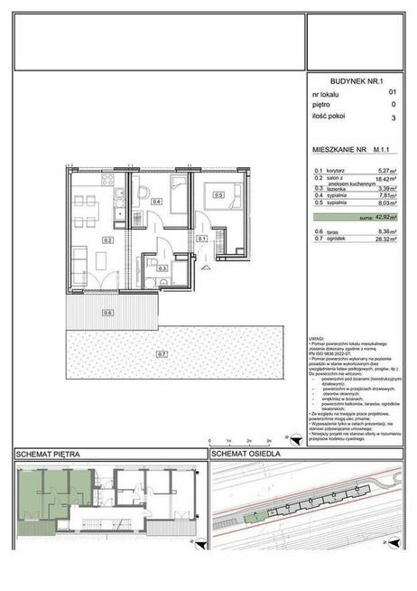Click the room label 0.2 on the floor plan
click(107, 240)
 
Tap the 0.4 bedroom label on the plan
click(156, 202)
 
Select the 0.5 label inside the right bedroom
click(218, 192)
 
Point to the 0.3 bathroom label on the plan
click(162, 267)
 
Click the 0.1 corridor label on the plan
click(202, 239)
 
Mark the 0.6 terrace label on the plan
click(107, 313)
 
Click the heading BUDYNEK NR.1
click(357, 80)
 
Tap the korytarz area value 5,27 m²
click(387, 171)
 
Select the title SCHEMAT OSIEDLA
click(246, 453)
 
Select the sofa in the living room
click(78, 258)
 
